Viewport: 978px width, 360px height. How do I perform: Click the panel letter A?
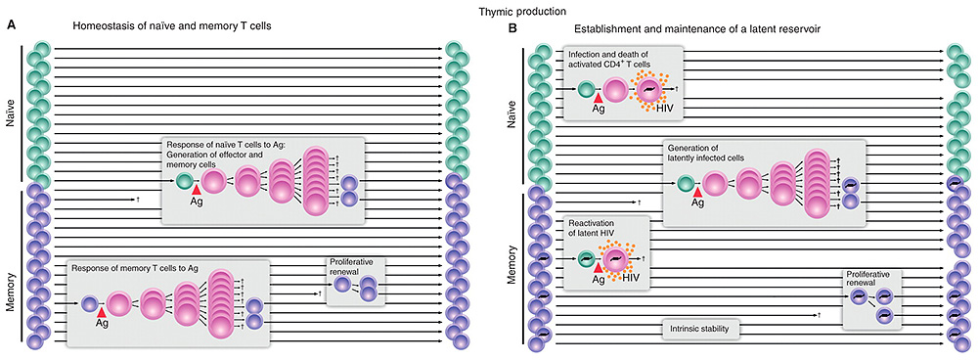coord(11,29)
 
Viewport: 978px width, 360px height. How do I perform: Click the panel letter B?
coord(511,29)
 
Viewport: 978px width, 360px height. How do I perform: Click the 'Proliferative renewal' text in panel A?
coord(357,267)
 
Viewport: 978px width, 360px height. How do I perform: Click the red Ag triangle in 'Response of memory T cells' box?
coord(102,312)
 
